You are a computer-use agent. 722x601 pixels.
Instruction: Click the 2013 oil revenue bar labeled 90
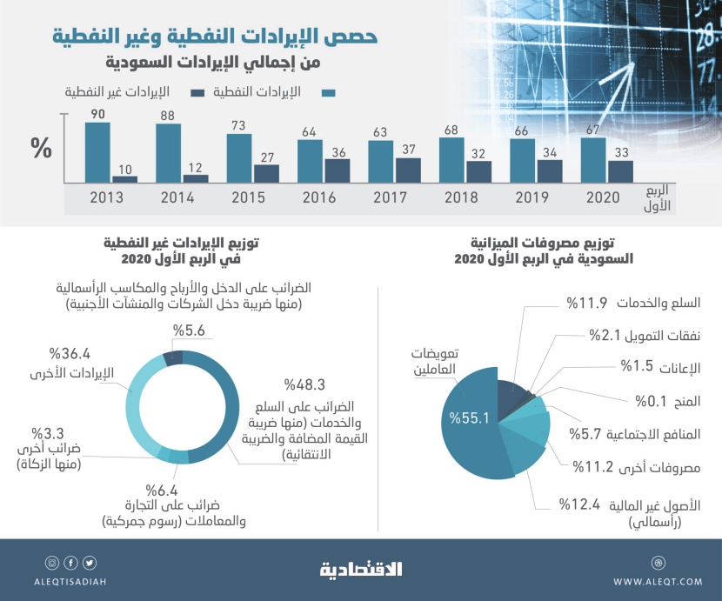pos(97,151)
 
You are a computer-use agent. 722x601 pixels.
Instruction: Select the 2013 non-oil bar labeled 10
pos(125,178)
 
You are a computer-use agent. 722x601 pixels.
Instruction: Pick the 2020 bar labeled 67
pos(593,159)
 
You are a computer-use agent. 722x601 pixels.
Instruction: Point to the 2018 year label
pos(460,198)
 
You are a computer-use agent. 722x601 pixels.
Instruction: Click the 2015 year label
pos(249,198)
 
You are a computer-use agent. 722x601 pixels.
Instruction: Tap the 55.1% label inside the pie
pos(470,418)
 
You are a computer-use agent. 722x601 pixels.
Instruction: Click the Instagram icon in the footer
pos(51,563)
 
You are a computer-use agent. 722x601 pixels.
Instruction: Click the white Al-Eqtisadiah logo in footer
pos(361,571)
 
